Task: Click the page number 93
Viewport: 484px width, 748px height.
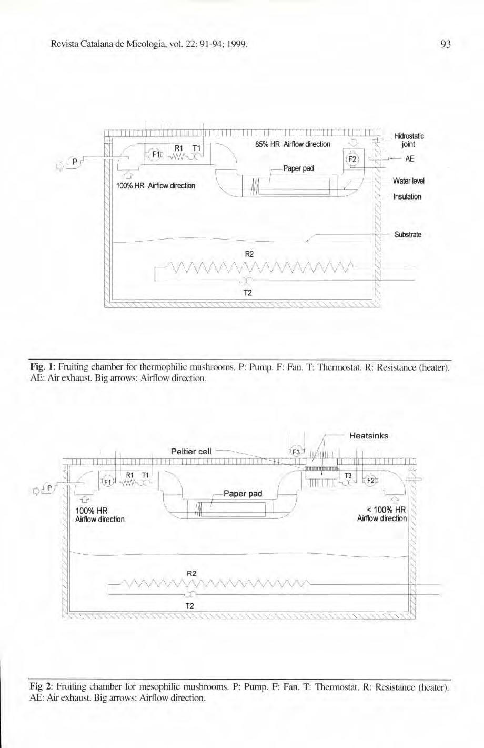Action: click(445, 45)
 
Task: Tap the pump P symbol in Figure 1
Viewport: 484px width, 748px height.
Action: click(75, 162)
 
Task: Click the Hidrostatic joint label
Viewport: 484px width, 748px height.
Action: click(408, 140)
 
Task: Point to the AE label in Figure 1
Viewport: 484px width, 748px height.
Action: click(409, 158)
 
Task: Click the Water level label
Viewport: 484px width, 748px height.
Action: click(408, 181)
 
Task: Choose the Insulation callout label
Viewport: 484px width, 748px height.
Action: click(407, 196)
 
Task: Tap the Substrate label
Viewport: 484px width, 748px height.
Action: click(407, 234)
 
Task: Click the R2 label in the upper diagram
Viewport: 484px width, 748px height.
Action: click(250, 254)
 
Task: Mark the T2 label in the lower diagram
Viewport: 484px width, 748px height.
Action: click(190, 606)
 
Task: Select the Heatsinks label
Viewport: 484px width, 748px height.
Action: click(369, 436)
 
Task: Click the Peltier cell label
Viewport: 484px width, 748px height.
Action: click(191, 451)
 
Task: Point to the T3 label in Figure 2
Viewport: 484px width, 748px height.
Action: click(348, 476)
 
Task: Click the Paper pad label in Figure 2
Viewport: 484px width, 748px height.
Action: click(243, 494)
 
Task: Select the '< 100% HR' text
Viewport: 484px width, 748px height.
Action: click(386, 510)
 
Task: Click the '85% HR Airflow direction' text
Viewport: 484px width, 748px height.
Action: click(293, 144)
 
